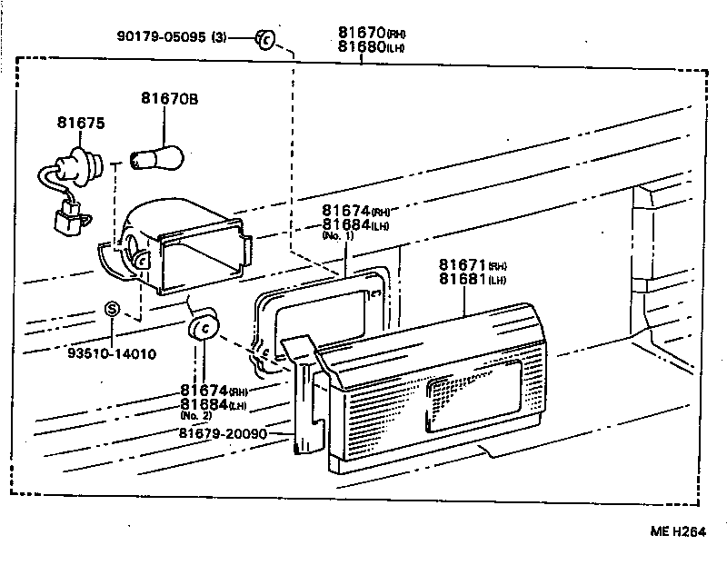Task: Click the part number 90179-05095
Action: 163,37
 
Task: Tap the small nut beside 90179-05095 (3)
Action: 264,39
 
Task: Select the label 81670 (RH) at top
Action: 364,34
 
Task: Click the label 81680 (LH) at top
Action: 364,48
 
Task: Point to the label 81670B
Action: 168,98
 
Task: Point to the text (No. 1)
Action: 339,236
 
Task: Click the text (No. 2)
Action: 197,415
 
